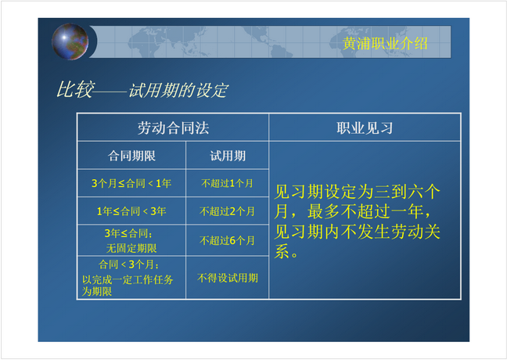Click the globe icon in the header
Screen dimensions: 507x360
[x=70, y=41]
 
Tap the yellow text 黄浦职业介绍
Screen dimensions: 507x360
[x=385, y=43]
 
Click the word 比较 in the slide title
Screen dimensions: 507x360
[x=75, y=89]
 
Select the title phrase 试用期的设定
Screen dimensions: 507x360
[x=178, y=90]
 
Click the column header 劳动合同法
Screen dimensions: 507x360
[x=174, y=128]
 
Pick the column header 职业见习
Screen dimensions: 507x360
[x=365, y=128]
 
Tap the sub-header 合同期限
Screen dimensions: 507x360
[x=131, y=156]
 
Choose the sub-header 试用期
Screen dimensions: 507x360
[x=228, y=156]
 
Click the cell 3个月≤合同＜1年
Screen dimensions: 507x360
[x=131, y=183]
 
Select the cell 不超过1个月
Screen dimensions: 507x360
[x=227, y=183]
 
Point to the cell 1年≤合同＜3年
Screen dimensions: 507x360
[x=131, y=211]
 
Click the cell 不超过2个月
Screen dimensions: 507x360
[x=227, y=211]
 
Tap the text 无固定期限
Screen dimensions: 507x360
[x=131, y=248]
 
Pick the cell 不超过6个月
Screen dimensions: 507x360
[x=227, y=240]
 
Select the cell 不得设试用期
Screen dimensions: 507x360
[x=228, y=278]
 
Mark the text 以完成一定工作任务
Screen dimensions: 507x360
[x=128, y=279]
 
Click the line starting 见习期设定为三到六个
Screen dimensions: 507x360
[x=358, y=192]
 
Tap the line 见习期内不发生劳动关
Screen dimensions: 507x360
[x=358, y=232]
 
